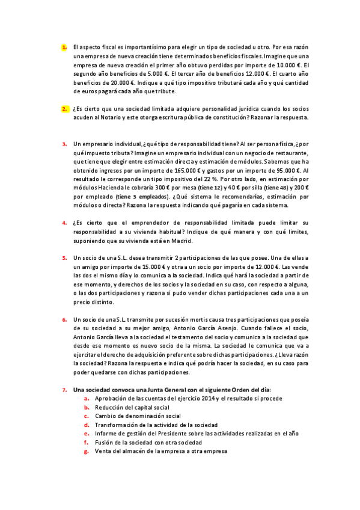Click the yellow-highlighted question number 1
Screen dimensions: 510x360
(x=64, y=46)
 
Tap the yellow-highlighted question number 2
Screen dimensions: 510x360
(x=64, y=109)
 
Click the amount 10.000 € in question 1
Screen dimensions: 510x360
(x=288, y=65)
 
